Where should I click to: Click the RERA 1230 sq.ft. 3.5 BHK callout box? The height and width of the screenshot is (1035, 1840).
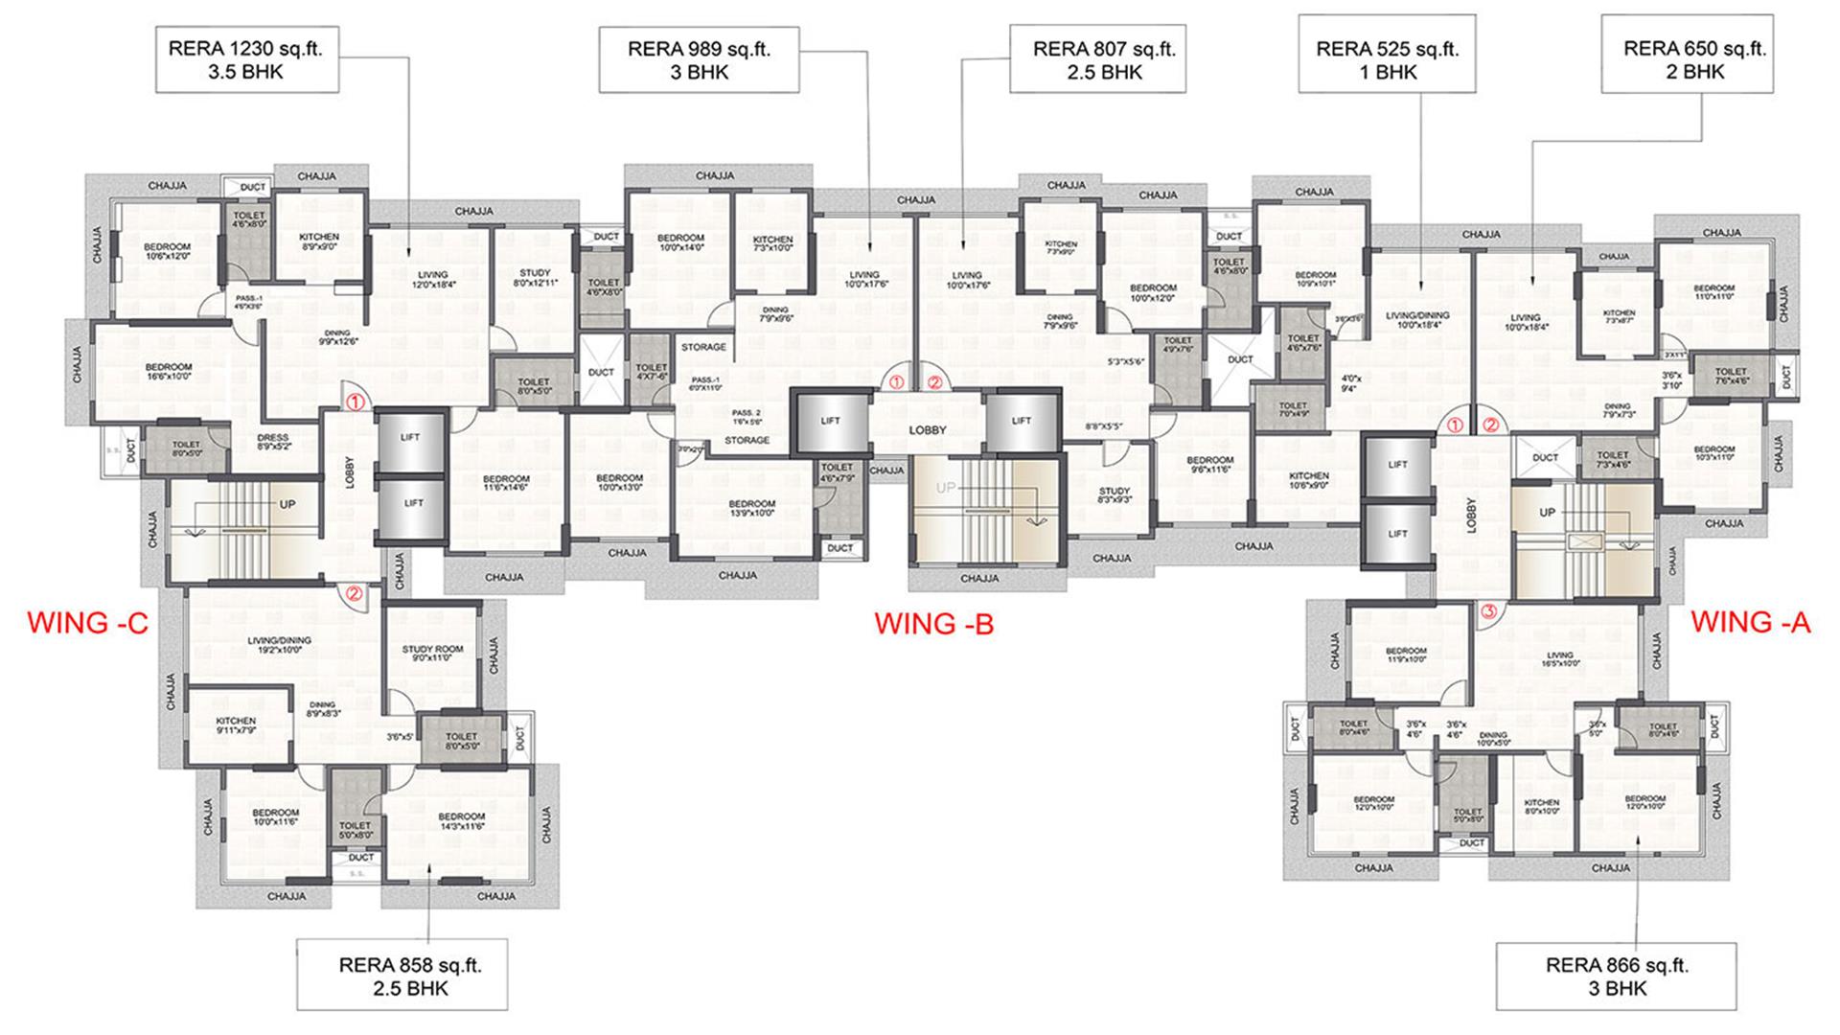click(x=246, y=59)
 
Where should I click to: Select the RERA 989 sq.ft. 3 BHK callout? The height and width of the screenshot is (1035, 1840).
click(x=699, y=59)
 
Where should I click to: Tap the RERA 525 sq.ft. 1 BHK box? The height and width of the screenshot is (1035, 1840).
click(x=1387, y=59)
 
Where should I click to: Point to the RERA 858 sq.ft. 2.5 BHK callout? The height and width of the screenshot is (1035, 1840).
click(x=402, y=976)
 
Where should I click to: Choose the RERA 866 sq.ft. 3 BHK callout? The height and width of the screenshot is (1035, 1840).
click(x=1617, y=976)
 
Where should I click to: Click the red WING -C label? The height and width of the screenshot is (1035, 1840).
click(x=87, y=623)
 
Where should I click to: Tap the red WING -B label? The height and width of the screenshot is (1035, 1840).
click(x=933, y=624)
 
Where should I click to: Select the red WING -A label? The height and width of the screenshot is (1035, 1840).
click(x=1750, y=622)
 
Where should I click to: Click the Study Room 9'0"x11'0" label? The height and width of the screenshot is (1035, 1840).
click(x=432, y=654)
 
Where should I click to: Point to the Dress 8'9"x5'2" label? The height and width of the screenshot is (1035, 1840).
click(x=273, y=442)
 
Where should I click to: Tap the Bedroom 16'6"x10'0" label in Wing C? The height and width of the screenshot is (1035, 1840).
click(x=169, y=372)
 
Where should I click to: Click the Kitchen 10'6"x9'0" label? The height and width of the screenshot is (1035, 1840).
click(x=1308, y=480)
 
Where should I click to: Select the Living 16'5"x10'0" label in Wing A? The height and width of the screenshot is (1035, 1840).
click(x=1558, y=658)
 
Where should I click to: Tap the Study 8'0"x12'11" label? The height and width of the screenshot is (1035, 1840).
click(x=535, y=278)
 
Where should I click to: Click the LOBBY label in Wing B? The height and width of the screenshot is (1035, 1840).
click(x=927, y=430)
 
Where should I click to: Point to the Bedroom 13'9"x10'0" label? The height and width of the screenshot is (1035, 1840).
click(x=751, y=508)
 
